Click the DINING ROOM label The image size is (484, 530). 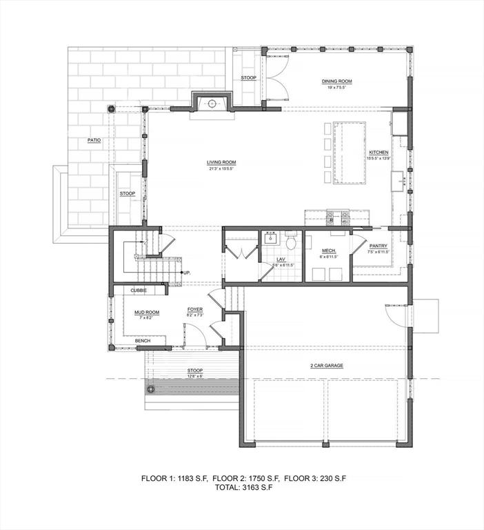336,81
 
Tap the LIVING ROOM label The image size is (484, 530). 221,163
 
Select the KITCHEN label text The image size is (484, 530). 379,152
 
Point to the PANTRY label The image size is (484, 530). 378,246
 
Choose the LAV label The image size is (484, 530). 281,259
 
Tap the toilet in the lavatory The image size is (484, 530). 291,242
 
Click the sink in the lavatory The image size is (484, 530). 268,241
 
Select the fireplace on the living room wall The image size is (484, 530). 212,104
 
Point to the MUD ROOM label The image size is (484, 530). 146,313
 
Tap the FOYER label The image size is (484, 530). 194,310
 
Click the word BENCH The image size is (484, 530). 143,341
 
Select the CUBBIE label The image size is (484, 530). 139,291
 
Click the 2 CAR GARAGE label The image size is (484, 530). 326,365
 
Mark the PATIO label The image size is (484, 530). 94,140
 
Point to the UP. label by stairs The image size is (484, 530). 187,273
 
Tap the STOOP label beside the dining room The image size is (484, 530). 249,78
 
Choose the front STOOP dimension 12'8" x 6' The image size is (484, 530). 195,376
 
